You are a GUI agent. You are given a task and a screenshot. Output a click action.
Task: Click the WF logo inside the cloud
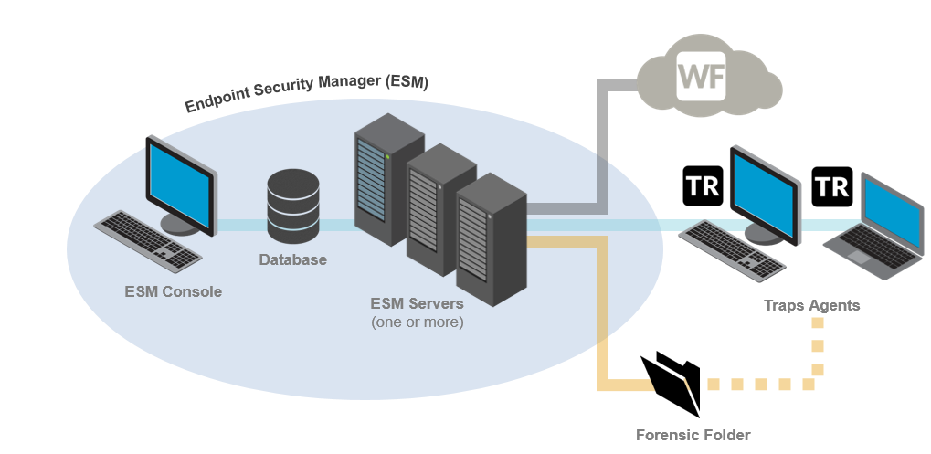[x=702, y=78]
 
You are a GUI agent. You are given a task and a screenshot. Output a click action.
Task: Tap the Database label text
[x=292, y=260]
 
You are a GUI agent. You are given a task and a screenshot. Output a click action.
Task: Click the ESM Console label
[x=174, y=292]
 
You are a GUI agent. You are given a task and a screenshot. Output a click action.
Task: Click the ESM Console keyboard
[x=148, y=239]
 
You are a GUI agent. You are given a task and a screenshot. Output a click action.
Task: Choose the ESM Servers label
[x=417, y=303]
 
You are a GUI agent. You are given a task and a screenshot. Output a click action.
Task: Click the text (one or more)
[x=417, y=322]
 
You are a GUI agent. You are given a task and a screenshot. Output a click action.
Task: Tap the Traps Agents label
[x=811, y=305]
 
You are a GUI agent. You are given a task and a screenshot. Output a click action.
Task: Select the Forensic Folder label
[x=693, y=435]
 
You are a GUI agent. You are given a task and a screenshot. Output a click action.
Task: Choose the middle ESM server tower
[x=439, y=209]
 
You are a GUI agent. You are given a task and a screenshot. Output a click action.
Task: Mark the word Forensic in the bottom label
[x=668, y=435]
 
